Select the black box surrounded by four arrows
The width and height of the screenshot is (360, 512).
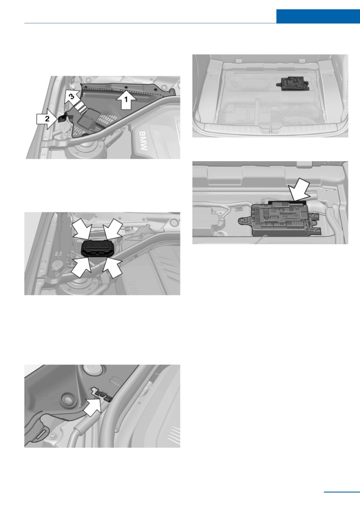click(97, 248)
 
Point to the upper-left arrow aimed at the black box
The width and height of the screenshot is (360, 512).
click(83, 231)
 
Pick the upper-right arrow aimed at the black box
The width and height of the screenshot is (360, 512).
click(112, 231)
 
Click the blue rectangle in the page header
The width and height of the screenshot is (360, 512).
click(318, 16)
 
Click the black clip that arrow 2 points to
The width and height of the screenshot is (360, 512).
click(62, 119)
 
